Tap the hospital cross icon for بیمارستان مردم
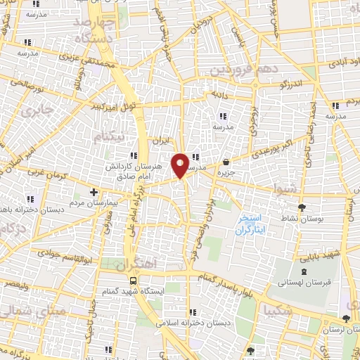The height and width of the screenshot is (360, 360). pyautogui.click(x=94, y=191)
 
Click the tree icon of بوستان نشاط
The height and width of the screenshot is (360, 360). pyautogui.click(x=302, y=207)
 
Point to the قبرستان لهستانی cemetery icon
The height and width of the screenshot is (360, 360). pyautogui.click(x=302, y=271)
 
